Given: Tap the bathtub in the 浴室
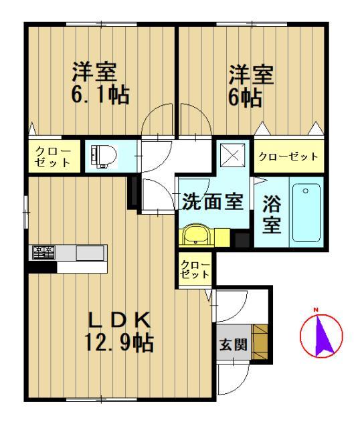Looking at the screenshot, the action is [x=306, y=213].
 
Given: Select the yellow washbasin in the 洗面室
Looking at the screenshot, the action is [x=195, y=235].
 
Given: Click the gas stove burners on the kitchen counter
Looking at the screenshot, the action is [x=43, y=253].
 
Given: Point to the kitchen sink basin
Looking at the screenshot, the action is [x=90, y=253].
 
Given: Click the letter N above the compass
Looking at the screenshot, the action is [x=316, y=310].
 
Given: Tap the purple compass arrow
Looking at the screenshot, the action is [x=323, y=336].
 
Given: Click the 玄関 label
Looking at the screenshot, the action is [x=234, y=344].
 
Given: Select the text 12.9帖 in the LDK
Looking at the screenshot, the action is [x=119, y=343].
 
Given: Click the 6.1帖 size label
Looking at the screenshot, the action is [x=100, y=94].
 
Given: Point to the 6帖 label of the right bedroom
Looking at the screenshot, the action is [x=246, y=97].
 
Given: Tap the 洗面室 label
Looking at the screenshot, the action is [x=213, y=202].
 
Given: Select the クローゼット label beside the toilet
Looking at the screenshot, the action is [x=53, y=156].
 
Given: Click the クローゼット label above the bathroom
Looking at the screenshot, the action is [x=288, y=156].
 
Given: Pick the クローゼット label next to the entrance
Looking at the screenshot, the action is [x=195, y=270].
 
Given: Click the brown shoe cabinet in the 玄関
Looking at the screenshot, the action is [x=260, y=342].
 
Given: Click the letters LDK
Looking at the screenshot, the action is [x=119, y=320].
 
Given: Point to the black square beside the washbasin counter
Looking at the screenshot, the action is [x=242, y=240].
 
